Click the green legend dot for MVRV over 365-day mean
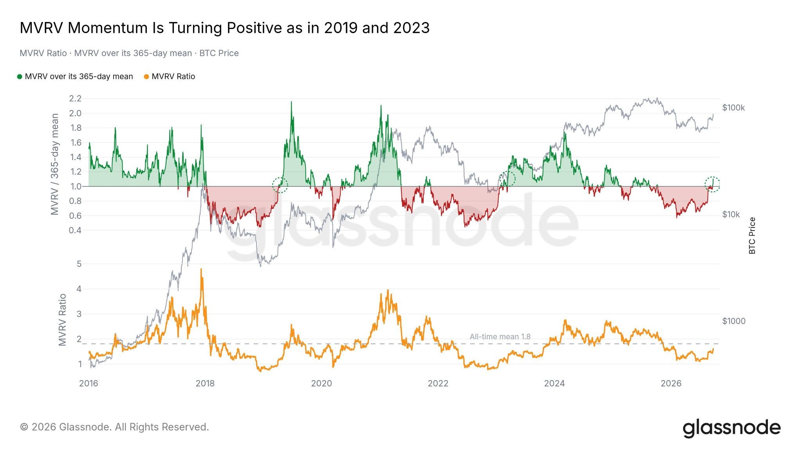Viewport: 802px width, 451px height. tap(20, 77)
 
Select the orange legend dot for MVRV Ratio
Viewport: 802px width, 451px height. tap(146, 77)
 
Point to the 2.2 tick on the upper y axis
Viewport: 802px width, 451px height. tap(75, 99)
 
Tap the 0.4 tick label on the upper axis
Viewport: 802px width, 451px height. tap(75, 230)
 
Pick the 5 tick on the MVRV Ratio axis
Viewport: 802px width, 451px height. tap(79, 264)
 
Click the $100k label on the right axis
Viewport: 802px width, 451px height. tap(733, 108)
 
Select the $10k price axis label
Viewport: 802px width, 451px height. tap(731, 215)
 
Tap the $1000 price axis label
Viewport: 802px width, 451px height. tap(734, 321)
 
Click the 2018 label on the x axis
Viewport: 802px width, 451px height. tap(205, 384)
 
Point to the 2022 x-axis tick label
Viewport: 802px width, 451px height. tap(438, 384)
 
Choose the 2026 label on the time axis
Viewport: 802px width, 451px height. tap(671, 384)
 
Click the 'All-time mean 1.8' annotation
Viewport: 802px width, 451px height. tap(500, 337)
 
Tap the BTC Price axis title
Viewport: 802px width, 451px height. tap(752, 236)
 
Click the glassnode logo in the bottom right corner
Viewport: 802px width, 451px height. tap(732, 428)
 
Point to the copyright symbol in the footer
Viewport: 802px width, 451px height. tap(24, 427)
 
